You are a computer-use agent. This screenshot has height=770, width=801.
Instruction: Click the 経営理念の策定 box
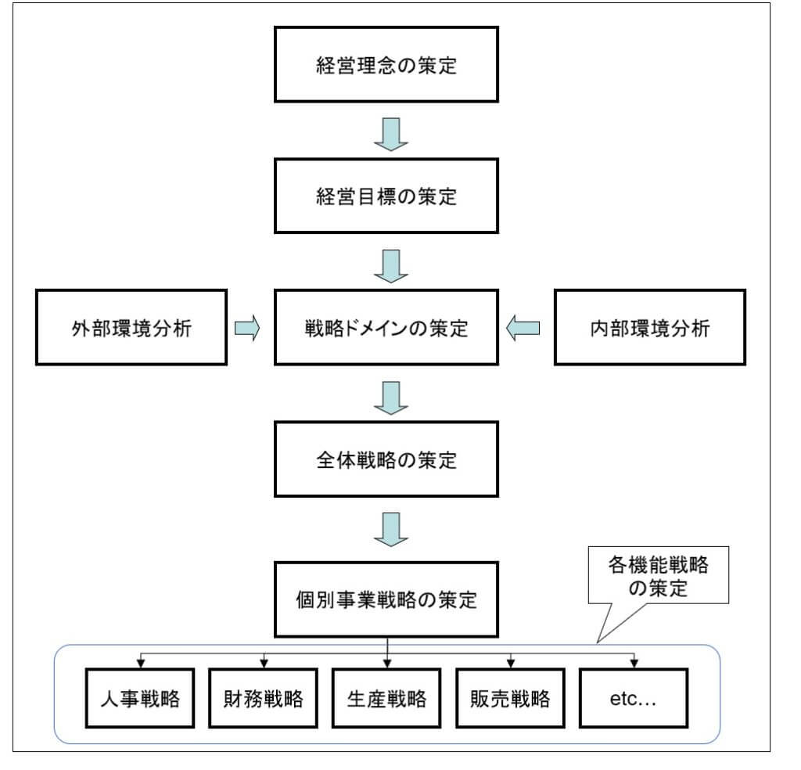(x=386, y=64)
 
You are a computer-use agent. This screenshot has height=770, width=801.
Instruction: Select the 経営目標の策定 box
(x=386, y=196)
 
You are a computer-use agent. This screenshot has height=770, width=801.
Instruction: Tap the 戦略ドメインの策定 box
(x=386, y=328)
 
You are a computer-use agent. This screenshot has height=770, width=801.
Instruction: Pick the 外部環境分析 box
(x=131, y=328)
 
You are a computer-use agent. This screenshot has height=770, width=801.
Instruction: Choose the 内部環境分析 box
(x=649, y=328)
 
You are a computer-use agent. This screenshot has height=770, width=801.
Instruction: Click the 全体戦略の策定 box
(x=386, y=459)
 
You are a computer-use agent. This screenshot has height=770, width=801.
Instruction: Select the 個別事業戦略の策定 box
(x=386, y=601)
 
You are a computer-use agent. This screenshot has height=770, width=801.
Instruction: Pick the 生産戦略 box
(x=386, y=698)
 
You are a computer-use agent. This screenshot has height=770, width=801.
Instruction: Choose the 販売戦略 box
(x=510, y=698)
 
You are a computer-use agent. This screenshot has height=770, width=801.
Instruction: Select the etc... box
(x=633, y=698)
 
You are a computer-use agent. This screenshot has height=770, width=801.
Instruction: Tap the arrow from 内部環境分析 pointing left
(x=523, y=329)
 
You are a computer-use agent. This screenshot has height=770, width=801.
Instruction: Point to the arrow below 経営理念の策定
(x=390, y=134)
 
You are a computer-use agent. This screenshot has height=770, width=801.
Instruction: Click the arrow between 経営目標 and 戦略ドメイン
(x=390, y=266)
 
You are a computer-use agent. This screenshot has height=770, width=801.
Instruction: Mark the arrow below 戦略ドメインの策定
(x=390, y=398)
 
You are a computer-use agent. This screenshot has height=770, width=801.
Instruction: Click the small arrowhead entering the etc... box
(x=634, y=662)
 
